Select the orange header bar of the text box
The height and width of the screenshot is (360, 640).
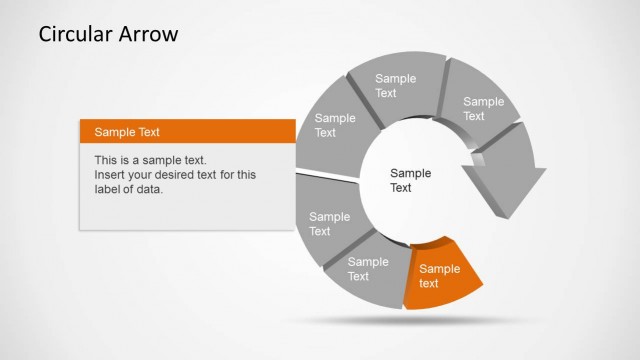tap(188, 131)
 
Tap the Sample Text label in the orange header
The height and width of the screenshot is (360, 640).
tap(127, 132)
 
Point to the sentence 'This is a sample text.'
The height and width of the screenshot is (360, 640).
tap(150, 160)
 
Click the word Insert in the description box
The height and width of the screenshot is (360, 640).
tap(111, 175)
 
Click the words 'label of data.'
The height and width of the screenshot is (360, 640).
tap(128, 190)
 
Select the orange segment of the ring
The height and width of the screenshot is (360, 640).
tap(440, 273)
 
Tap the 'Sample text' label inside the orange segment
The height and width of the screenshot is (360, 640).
tap(439, 276)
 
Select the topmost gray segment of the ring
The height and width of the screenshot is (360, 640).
tap(397, 85)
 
